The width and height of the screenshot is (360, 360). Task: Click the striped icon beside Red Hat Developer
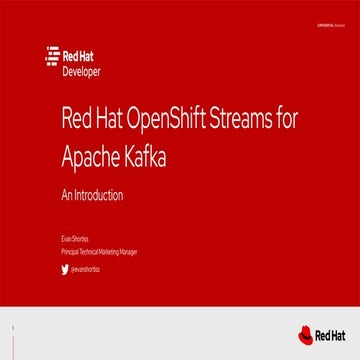(53, 59)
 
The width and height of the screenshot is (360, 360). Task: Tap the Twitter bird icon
(64, 268)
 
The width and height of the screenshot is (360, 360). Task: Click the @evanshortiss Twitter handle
(85, 268)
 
